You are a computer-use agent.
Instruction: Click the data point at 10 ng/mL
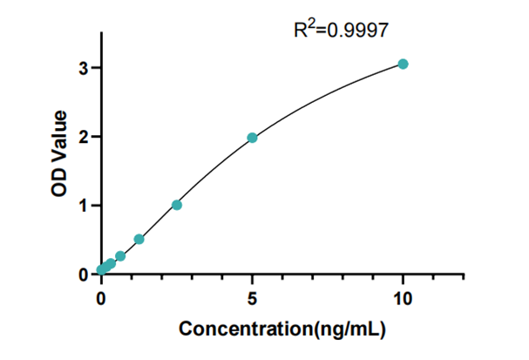403,64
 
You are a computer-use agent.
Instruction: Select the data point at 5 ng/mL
252,138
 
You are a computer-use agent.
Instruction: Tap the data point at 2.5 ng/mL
177,205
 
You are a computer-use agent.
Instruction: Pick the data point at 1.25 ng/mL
139,239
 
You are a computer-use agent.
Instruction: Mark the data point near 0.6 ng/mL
120,256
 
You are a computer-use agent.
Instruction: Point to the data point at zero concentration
101,270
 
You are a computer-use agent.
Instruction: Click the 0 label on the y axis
85,275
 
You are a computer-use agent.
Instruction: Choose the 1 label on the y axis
85,206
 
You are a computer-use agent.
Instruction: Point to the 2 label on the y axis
85,137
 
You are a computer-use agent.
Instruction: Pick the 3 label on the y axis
85,68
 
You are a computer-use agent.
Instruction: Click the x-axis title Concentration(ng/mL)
281,329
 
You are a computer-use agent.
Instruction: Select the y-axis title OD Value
60,153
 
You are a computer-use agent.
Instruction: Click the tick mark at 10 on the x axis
403,279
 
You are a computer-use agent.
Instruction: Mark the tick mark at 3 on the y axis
97,68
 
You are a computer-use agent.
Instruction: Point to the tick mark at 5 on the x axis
252,279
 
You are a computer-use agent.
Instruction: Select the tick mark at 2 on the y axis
97,137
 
